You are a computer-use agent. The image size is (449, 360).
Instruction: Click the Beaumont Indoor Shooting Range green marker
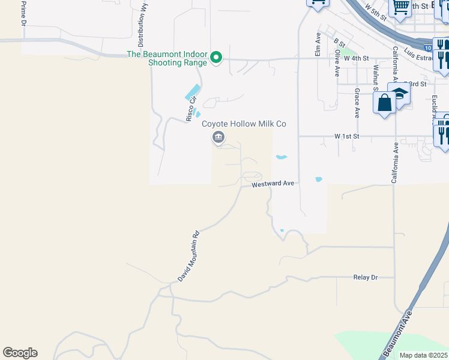tap(217, 58)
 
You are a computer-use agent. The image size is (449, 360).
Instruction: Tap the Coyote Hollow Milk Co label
tap(244, 124)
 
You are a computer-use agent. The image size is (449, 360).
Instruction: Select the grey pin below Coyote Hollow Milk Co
tap(218, 138)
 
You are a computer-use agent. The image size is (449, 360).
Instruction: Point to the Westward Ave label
tap(273, 184)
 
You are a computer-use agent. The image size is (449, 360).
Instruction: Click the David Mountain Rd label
tap(188, 257)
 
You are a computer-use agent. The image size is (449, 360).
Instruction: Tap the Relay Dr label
tap(366, 278)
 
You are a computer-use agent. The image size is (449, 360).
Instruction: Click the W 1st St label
tap(346, 137)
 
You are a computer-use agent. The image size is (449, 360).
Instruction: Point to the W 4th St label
tap(355, 58)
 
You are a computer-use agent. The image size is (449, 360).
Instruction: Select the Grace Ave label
tap(357, 103)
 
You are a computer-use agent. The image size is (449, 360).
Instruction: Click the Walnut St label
tap(375, 76)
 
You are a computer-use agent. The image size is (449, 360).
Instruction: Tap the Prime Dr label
tap(24, 13)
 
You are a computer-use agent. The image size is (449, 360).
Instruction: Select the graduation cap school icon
tap(399, 94)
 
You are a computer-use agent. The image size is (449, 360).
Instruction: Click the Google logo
tap(20, 353)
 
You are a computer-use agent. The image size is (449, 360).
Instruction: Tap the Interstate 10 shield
tap(427, 47)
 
